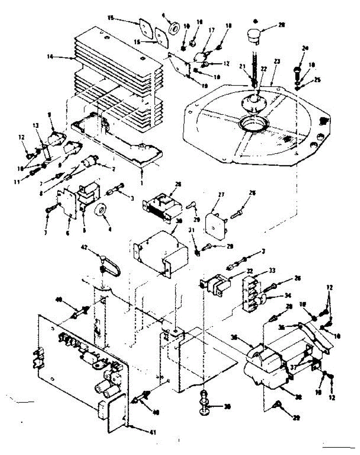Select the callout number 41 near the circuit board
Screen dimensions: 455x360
pos(152,432)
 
